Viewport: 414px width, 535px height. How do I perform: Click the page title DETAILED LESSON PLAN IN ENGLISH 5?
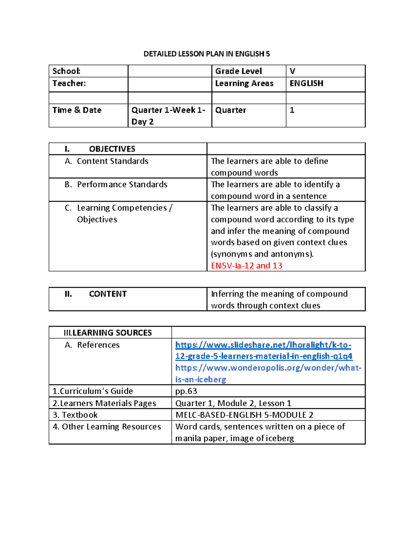[207, 54]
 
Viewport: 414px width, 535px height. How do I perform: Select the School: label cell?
[67, 71]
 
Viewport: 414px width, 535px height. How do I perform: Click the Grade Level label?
[238, 71]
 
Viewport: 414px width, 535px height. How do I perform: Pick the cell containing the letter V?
[293, 71]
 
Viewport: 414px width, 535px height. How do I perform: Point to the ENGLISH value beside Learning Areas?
[306, 83]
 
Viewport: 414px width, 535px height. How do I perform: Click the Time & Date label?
[77, 110]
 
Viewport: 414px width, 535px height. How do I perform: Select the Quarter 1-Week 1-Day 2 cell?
[168, 116]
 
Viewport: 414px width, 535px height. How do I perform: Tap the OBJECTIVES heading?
[112, 149]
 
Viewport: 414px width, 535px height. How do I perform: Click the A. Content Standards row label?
[107, 161]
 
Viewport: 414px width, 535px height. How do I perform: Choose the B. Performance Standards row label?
[116, 185]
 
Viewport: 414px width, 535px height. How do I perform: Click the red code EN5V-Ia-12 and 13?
[246, 266]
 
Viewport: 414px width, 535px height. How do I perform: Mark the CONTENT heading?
[108, 294]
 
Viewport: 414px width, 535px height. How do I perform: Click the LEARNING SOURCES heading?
[108, 333]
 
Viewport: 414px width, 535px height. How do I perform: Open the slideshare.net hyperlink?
[264, 350]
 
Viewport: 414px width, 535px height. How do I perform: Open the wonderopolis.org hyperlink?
[268, 373]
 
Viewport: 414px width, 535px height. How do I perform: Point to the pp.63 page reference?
[186, 391]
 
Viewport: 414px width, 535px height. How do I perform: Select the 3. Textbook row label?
[75, 415]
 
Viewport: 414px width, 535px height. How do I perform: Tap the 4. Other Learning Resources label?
[107, 427]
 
